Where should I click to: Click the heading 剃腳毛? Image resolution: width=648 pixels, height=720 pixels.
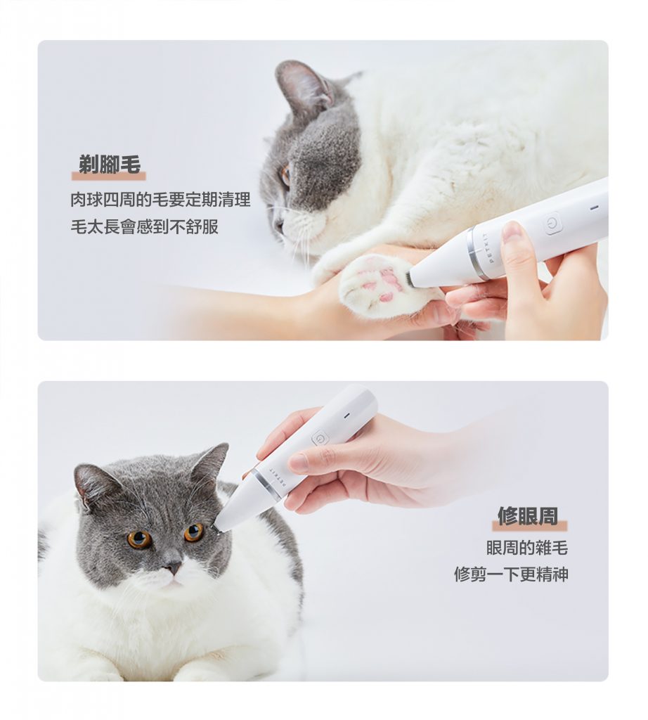tap(109, 165)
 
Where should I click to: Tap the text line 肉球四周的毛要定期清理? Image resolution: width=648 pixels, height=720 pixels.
tap(161, 200)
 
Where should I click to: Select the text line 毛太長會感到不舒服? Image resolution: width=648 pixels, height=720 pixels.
tap(145, 226)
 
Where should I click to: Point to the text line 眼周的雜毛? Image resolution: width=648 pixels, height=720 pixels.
tap(527, 547)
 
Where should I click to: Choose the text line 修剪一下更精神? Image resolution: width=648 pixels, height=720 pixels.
tap(511, 574)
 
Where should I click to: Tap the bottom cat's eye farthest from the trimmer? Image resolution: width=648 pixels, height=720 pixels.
tap(139, 539)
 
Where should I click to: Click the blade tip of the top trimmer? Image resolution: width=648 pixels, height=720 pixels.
tap(408, 278)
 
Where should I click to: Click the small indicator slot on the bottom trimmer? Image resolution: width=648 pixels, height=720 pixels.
tap(347, 416)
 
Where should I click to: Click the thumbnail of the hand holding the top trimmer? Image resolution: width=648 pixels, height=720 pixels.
tap(512, 231)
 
